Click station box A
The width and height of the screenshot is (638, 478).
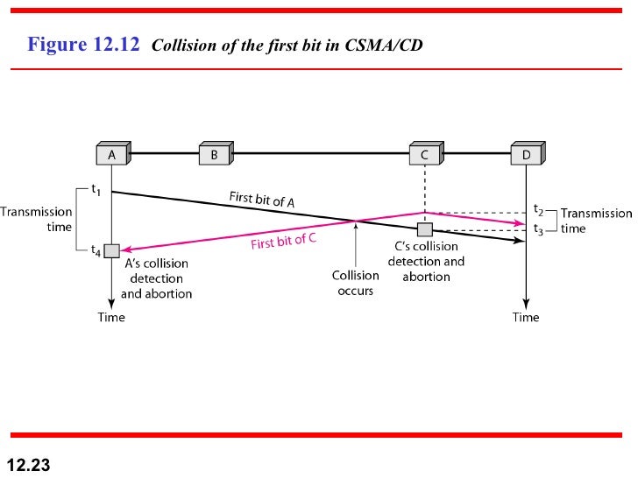(112, 154)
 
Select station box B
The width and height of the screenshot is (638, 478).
(214, 154)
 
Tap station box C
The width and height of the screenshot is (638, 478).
(425, 154)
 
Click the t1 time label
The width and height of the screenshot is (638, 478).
(96, 188)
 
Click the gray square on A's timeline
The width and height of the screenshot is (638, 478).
(111, 250)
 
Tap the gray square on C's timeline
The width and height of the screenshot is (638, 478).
(425, 229)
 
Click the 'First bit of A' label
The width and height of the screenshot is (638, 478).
(261, 199)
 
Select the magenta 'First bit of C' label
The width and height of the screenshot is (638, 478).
(283, 240)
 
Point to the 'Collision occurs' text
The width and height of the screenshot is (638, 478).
(355, 282)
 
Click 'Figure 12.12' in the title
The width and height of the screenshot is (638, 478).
(84, 45)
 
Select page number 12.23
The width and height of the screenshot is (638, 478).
(29, 465)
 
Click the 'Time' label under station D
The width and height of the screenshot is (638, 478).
(526, 317)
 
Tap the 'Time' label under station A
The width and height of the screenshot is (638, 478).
(111, 317)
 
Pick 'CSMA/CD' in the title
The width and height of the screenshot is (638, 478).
(386, 46)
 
